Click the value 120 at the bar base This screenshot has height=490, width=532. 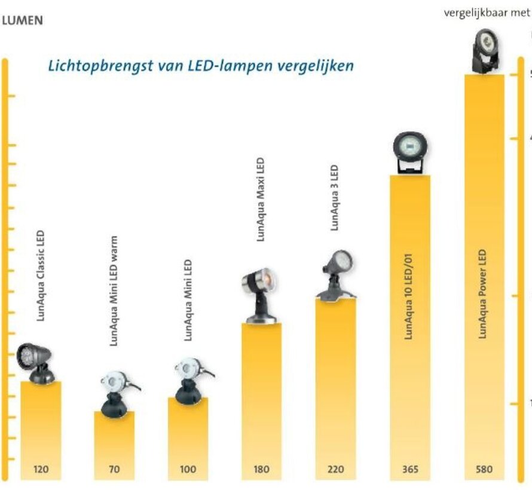[x=41, y=469]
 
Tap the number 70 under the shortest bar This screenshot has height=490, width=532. [x=114, y=469]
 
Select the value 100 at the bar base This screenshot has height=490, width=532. [x=188, y=469]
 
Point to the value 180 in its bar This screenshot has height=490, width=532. [x=261, y=469]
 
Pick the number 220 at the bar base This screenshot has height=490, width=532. [x=335, y=469]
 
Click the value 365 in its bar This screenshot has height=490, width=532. [x=410, y=469]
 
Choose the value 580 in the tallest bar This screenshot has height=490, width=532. [x=484, y=469]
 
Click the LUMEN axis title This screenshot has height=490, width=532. [x=22, y=20]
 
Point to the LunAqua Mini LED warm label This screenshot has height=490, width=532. [x=114, y=290]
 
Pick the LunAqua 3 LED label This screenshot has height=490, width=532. [x=335, y=198]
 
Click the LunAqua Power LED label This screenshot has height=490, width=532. [x=484, y=295]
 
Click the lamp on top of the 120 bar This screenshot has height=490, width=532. [x=36, y=362]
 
